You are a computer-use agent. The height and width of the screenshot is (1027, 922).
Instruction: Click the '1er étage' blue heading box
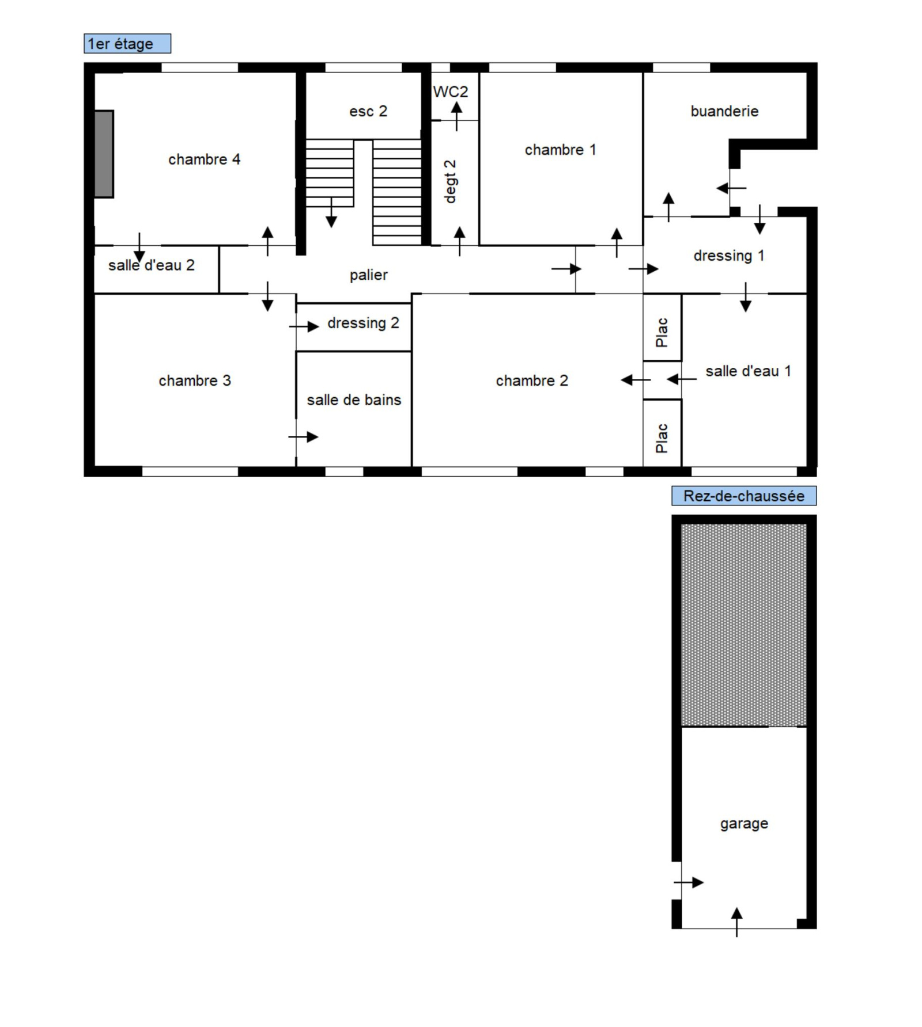pyautogui.click(x=127, y=44)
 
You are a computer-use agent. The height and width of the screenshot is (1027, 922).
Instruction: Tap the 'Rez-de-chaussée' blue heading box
pyautogui.click(x=744, y=496)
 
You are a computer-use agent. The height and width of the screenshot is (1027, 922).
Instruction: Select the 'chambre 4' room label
pyautogui.click(x=204, y=159)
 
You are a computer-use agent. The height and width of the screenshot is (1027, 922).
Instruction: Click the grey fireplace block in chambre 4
pyautogui.click(x=104, y=154)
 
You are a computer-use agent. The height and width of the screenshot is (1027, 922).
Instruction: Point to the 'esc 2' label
pyautogui.click(x=368, y=111)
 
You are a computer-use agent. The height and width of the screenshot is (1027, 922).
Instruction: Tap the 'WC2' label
pyautogui.click(x=451, y=92)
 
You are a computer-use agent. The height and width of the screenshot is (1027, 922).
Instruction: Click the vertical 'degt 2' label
pyautogui.click(x=450, y=181)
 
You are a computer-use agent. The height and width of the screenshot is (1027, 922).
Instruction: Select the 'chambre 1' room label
pyautogui.click(x=560, y=150)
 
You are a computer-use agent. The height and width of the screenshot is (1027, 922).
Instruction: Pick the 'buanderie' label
pyautogui.click(x=724, y=111)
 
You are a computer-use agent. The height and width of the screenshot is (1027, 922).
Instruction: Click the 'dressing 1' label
pyautogui.click(x=729, y=256)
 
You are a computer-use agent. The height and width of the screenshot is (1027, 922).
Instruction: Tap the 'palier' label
pyautogui.click(x=368, y=275)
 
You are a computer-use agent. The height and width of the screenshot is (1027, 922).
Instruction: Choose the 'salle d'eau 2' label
pyautogui.click(x=152, y=265)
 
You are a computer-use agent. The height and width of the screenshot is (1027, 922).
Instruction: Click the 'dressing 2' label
pyautogui.click(x=363, y=323)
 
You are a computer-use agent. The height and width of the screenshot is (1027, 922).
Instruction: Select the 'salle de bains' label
pyautogui.click(x=354, y=400)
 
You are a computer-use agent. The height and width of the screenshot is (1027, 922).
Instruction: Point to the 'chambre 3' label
pyautogui.click(x=195, y=381)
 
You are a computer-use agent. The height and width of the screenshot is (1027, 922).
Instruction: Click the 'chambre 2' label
pyautogui.click(x=532, y=381)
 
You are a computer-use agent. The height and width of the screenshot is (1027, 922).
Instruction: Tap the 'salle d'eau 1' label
pyautogui.click(x=748, y=371)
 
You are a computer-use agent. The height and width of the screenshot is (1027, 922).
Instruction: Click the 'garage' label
pyautogui.click(x=744, y=824)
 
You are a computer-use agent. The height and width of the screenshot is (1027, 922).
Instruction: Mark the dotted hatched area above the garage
pyautogui.click(x=744, y=625)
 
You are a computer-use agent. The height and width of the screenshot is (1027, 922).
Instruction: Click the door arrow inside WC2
pyautogui.click(x=456, y=116)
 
